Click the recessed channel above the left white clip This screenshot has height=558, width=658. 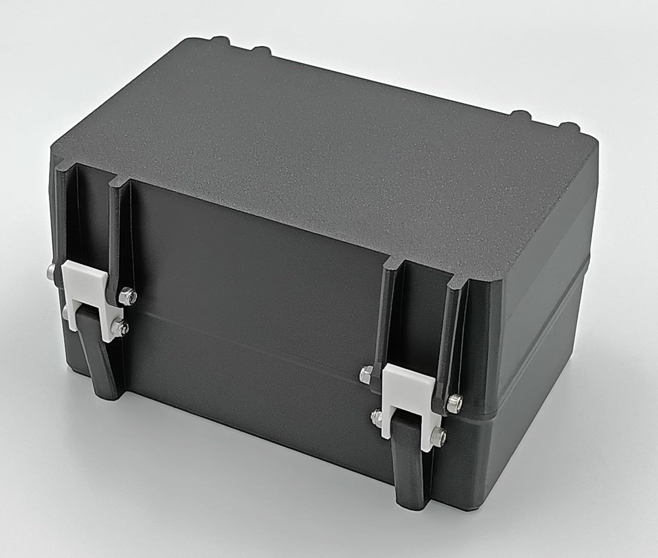point(94,220)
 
